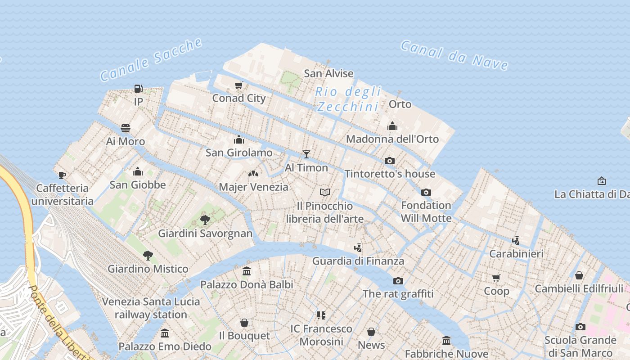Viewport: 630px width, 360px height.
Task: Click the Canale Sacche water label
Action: pyautogui.click(x=151, y=60)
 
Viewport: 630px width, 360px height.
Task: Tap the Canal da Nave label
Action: pyautogui.click(x=454, y=55)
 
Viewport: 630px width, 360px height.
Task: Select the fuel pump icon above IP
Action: pyautogui.click(x=138, y=89)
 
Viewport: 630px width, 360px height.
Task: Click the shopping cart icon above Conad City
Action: pyautogui.click(x=238, y=85)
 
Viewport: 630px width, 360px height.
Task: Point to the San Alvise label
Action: pyautogui.click(x=328, y=73)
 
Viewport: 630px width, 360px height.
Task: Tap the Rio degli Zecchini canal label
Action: pyautogui.click(x=348, y=99)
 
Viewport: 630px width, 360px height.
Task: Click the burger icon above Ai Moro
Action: pyautogui.click(x=126, y=128)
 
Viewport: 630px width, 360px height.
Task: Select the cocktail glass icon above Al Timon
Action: pyautogui.click(x=306, y=154)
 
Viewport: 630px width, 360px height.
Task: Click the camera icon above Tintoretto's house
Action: pyautogui.click(x=390, y=161)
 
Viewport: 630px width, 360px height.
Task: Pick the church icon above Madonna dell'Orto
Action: pyautogui.click(x=392, y=126)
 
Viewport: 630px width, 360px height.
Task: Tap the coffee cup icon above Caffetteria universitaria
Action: pyautogui.click(x=62, y=175)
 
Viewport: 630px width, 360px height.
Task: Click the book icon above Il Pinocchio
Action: pyautogui.click(x=325, y=193)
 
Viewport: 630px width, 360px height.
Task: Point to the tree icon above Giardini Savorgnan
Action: pyautogui.click(x=205, y=220)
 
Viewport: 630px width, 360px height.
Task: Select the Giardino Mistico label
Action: pyautogui.click(x=148, y=269)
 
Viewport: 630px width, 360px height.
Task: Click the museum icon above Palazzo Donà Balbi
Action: pyautogui.click(x=247, y=271)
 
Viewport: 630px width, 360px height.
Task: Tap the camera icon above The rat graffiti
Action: pyautogui.click(x=398, y=281)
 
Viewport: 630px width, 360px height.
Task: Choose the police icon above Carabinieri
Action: pyautogui.click(x=516, y=241)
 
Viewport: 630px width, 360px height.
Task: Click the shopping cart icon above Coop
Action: pyautogui.click(x=496, y=278)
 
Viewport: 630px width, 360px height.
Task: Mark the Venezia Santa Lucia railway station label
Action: pyautogui.click(x=151, y=308)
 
